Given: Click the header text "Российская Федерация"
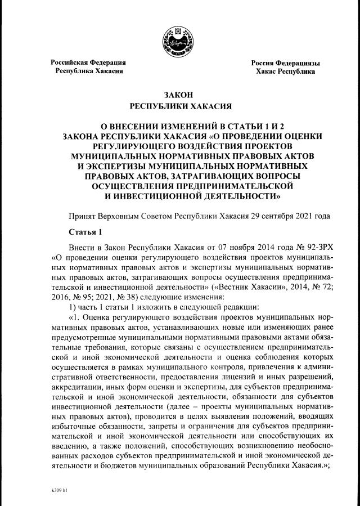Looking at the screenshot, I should [x=88, y=62].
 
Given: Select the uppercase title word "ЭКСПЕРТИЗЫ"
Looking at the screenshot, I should [x=106, y=165].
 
